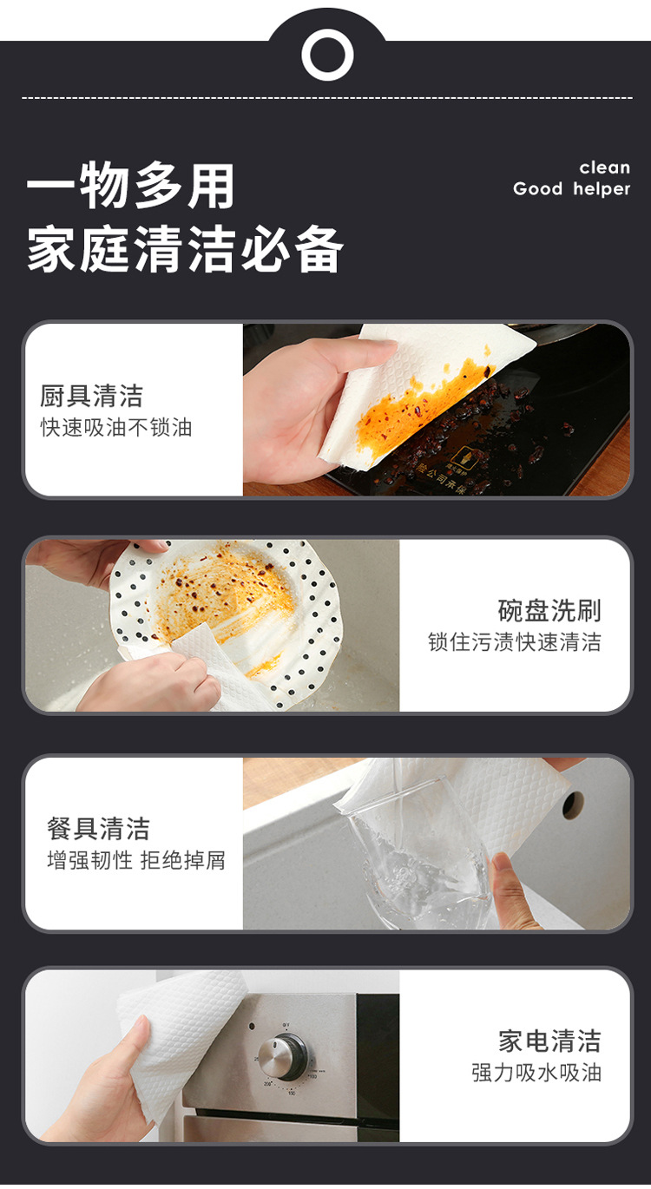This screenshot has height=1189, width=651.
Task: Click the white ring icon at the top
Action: click(x=327, y=55)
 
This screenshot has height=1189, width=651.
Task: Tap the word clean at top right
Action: click(x=604, y=168)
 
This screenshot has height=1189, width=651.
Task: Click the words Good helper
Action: click(x=571, y=189)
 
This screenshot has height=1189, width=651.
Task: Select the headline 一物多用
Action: click(x=131, y=187)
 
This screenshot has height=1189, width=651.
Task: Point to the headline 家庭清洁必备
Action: click(x=185, y=250)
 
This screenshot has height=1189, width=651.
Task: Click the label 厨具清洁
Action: click(x=91, y=397)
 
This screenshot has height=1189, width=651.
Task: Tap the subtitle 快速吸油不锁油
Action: click(x=116, y=427)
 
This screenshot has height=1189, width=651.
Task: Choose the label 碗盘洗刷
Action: click(x=549, y=610)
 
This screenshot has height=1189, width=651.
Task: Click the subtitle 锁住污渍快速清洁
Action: click(x=514, y=642)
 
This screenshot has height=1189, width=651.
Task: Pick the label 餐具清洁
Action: click(x=98, y=829)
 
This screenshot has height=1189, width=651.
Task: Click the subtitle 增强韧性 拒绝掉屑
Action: click(x=135, y=860)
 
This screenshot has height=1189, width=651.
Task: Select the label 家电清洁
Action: click(x=549, y=1041)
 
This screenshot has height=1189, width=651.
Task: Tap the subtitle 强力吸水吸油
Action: click(x=536, y=1073)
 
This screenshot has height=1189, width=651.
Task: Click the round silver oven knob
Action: click(x=283, y=1056)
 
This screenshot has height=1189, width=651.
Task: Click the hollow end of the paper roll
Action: click(x=573, y=805)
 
